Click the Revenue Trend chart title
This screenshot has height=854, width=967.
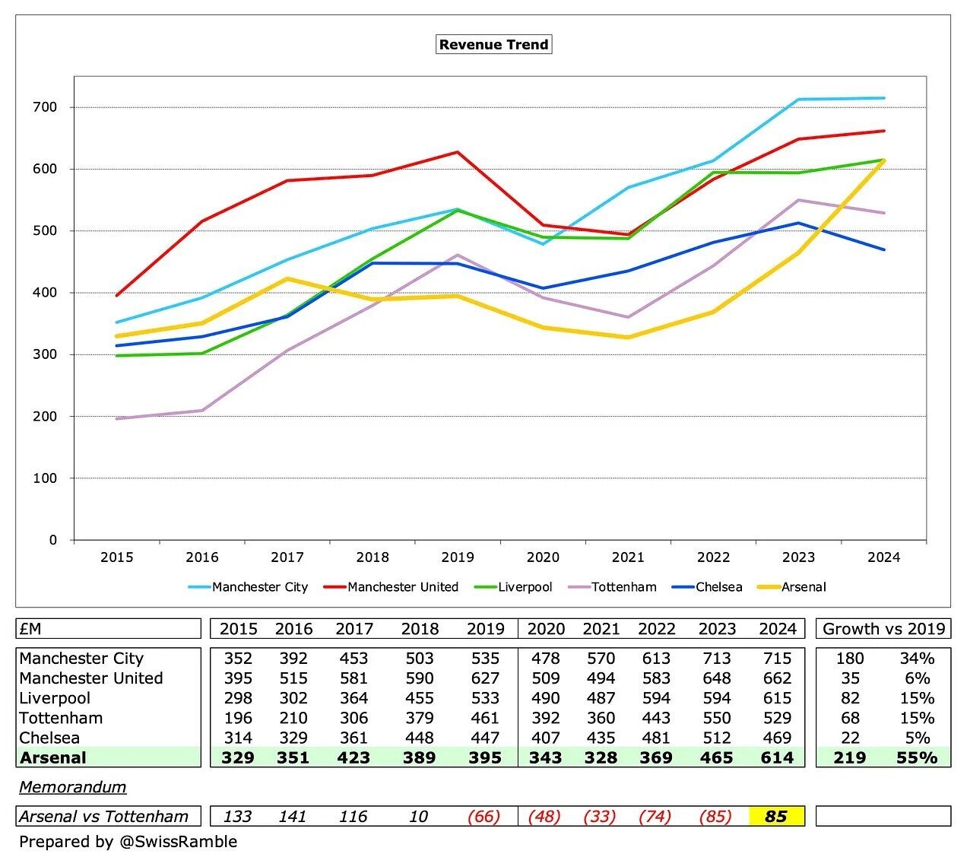coord(493,44)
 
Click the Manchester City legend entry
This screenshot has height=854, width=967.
coord(259,587)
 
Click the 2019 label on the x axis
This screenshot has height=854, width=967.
coord(458,557)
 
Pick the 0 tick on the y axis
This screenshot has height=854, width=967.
coord(53,540)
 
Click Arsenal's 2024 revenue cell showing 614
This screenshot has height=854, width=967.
coord(776,757)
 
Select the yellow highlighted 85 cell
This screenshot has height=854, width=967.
coord(776,816)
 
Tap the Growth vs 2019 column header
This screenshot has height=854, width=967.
coord(883,629)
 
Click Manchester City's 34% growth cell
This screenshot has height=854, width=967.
coord(917,659)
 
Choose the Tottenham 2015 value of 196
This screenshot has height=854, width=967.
coord(238,718)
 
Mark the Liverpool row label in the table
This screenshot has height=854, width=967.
coord(55,698)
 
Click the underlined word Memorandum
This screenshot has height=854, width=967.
coord(73,787)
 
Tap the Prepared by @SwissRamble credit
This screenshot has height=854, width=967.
coord(128,841)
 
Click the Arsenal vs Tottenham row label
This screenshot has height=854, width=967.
coord(104,816)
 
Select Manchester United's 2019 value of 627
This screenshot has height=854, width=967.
coord(485,678)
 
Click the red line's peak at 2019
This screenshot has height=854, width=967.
coord(458,152)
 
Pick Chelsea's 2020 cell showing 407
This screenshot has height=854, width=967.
coord(545,738)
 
